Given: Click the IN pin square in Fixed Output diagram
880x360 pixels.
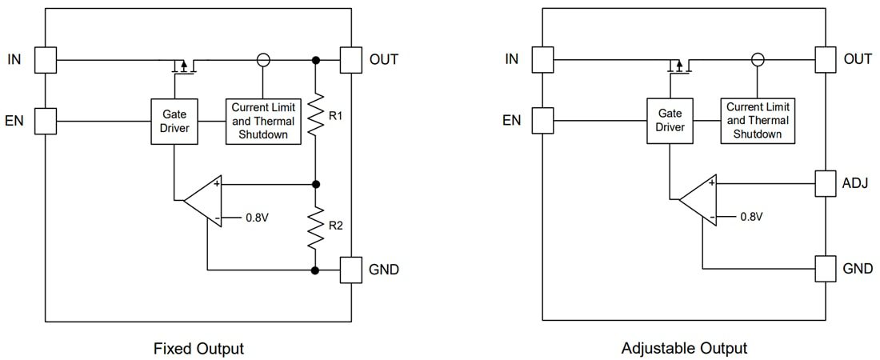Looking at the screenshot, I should tap(46, 59).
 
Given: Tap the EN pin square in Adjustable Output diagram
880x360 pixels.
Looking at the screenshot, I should tap(542, 121).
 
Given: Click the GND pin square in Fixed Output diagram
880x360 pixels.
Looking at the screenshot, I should tap(352, 270).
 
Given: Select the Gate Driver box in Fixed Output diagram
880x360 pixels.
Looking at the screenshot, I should tap(174, 121).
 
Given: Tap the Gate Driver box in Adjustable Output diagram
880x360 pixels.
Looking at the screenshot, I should tap(669, 121).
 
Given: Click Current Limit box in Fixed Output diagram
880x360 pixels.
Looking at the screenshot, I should tap(263, 121).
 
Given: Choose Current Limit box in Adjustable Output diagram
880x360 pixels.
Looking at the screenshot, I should tap(758, 121).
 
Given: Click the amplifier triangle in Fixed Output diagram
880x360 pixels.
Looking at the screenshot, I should tap(201, 198).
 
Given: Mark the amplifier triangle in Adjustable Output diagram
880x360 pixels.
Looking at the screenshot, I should tap(696, 198).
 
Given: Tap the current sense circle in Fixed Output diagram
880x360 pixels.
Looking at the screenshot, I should tap(262, 59).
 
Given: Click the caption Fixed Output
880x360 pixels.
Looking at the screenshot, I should tap(198, 348).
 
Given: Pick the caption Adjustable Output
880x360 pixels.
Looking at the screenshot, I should tap(684, 348).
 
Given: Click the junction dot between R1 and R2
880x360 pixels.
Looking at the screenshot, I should tap(316, 183).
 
